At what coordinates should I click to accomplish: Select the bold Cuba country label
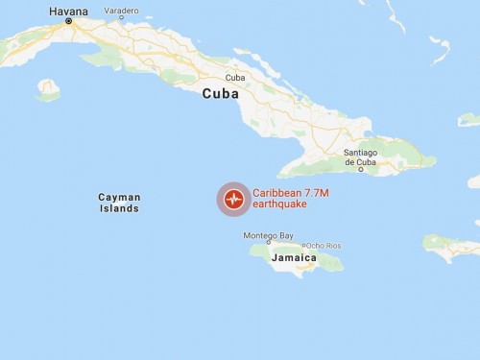(x=221, y=94)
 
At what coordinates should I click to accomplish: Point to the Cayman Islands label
(x=119, y=203)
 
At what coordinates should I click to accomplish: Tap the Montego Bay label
(x=268, y=235)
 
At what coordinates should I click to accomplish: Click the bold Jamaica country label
(x=294, y=257)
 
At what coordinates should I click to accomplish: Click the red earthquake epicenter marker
(x=232, y=200)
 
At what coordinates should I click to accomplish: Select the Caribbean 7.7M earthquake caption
(x=290, y=199)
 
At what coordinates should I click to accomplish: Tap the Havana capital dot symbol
(x=67, y=21)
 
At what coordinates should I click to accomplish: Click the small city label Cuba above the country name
(x=234, y=78)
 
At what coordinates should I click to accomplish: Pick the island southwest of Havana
(x=48, y=90)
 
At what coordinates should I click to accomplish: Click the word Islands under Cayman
(x=119, y=208)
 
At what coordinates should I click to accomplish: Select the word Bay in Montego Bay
(x=285, y=235)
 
